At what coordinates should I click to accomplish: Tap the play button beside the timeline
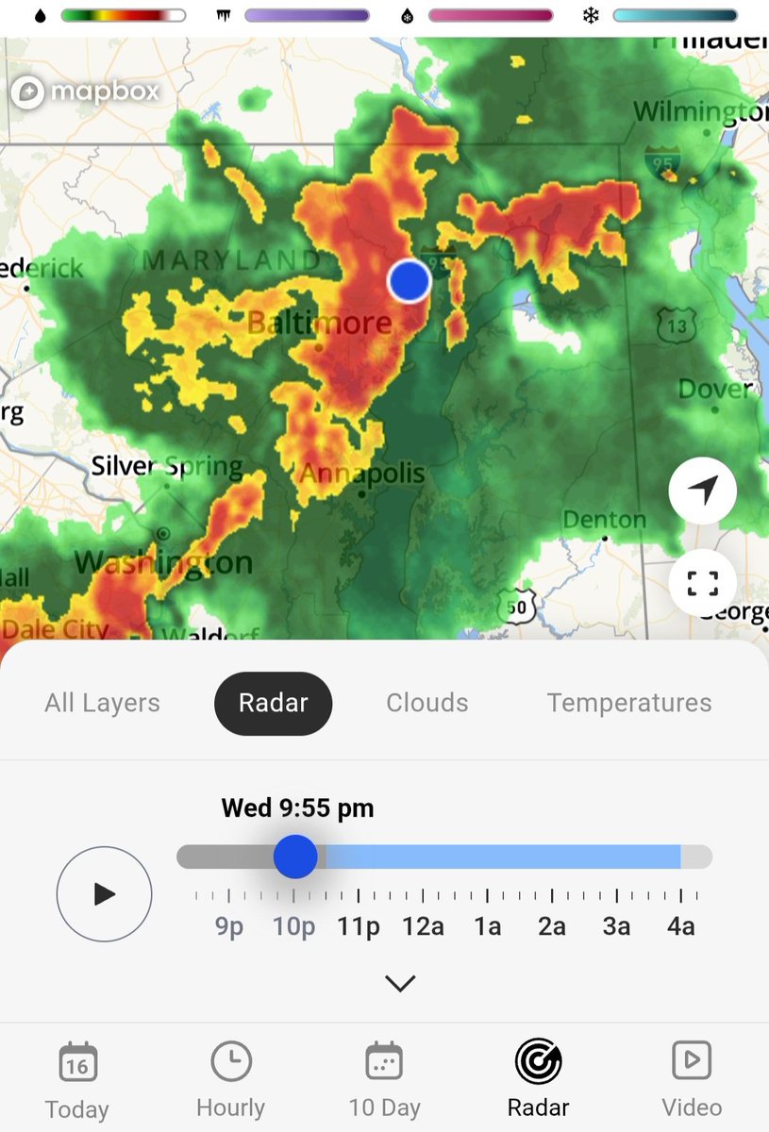[104, 894]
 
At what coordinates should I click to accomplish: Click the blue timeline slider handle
[295, 857]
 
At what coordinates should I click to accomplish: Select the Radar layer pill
[274, 703]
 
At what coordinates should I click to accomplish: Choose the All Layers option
[102, 703]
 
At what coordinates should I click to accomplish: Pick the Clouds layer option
[427, 703]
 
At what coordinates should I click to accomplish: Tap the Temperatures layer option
[629, 703]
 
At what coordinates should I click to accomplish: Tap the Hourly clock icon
[230, 1062]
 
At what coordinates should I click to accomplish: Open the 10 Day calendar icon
[385, 1062]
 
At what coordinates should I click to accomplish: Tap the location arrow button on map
[703, 489]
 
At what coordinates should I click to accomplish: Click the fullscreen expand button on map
[703, 583]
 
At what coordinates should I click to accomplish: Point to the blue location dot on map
[410, 280]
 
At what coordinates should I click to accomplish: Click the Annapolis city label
[362, 473]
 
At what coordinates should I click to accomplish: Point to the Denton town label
[604, 520]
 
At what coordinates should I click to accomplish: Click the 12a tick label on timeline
[423, 926]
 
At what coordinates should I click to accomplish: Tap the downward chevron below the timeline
[400, 983]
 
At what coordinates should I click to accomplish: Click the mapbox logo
[86, 92]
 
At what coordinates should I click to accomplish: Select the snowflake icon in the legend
[592, 16]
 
